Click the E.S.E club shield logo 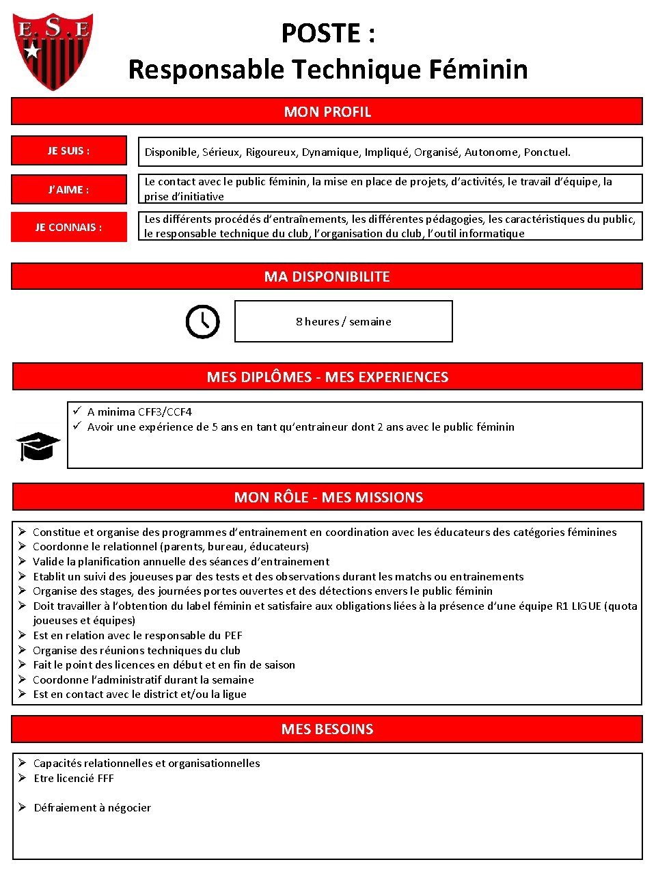(53, 51)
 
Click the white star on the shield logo (31, 50)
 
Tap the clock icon (203, 321)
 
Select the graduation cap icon (38, 446)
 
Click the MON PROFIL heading (327, 111)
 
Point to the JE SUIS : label (68, 151)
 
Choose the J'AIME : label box (68, 189)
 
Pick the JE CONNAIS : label (68, 227)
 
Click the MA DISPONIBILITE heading (327, 276)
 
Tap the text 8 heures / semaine (343, 321)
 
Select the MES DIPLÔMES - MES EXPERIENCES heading (327, 377)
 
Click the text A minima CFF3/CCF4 (139, 412)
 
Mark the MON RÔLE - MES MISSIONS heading (328, 497)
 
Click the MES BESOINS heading (327, 729)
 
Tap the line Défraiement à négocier (92, 807)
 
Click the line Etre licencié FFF (74, 778)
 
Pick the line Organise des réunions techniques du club (137, 650)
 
